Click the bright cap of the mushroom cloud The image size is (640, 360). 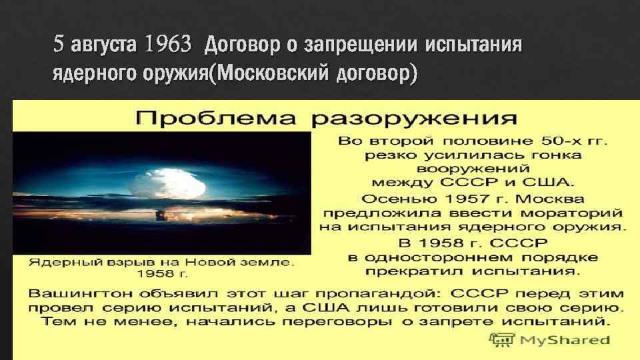point(163,181)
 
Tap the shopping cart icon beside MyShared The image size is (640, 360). point(501,341)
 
